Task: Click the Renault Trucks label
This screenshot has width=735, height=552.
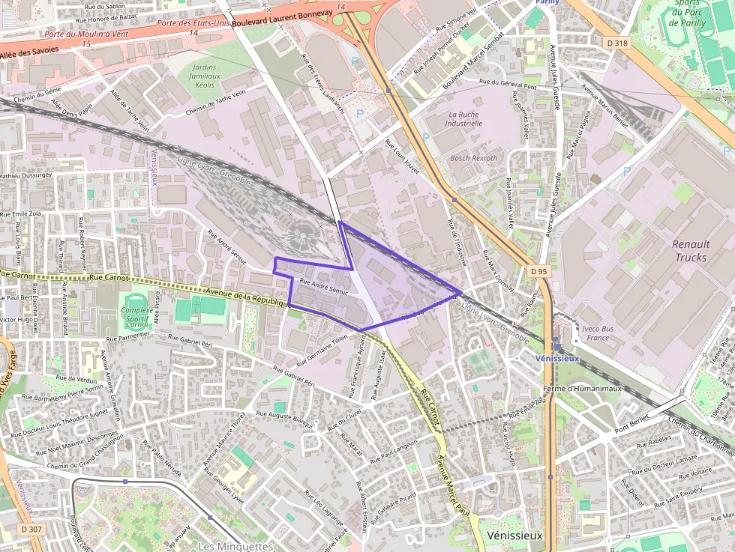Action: [691, 251]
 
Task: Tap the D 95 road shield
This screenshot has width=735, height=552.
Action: [538, 270]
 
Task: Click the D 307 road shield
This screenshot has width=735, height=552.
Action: [31, 529]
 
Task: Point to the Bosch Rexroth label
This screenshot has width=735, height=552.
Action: [473, 158]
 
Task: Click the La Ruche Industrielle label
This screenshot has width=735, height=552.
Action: [463, 118]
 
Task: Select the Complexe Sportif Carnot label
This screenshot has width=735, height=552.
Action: [136, 318]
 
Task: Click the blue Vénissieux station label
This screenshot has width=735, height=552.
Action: [557, 358]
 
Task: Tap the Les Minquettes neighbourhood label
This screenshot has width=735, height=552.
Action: [235, 546]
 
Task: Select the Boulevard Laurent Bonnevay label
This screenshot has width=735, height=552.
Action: [282, 18]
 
